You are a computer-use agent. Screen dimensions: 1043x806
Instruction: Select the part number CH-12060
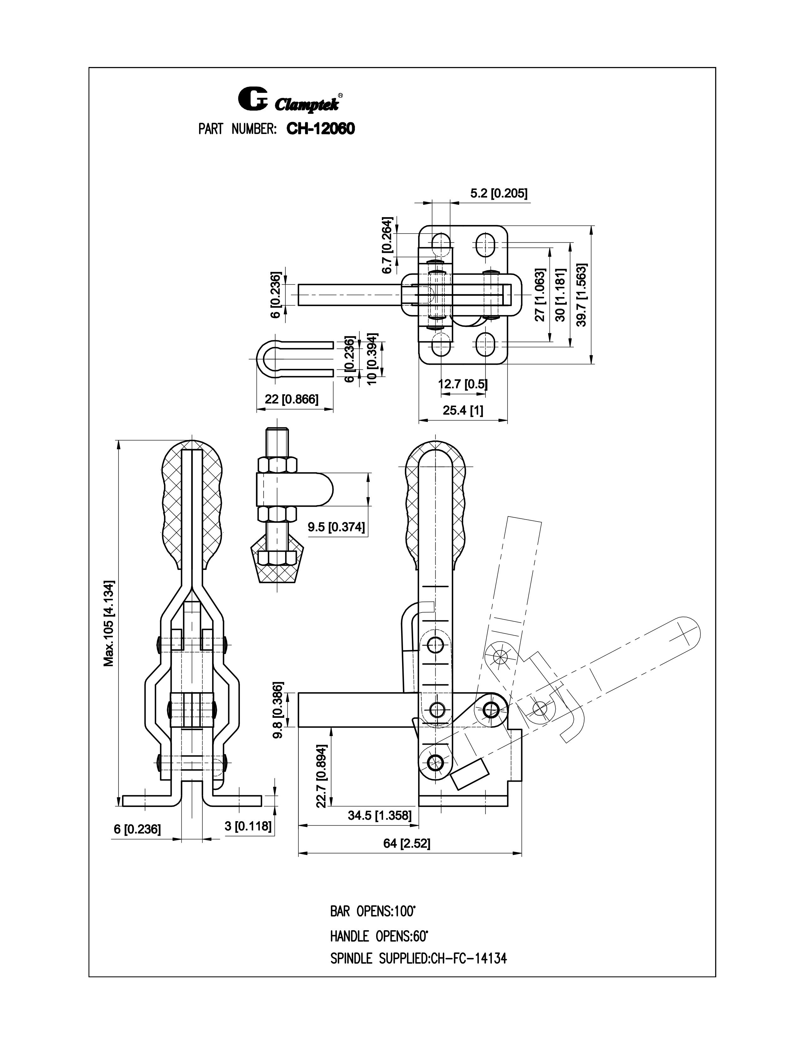321,128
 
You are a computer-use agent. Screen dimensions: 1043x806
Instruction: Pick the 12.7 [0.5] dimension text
463,383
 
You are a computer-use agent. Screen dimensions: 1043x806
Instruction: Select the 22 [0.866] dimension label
291,399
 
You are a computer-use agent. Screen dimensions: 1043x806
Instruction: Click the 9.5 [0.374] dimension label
336,527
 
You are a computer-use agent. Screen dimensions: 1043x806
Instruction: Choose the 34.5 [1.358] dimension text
379,815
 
